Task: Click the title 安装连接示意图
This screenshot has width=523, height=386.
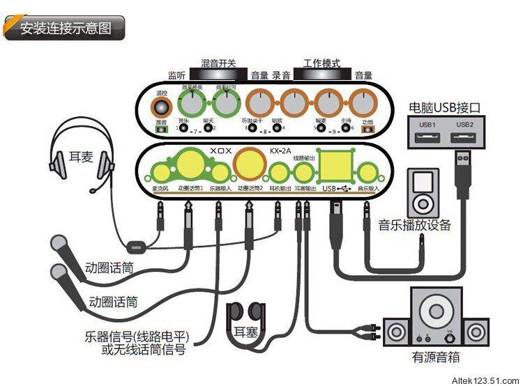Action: tap(66, 29)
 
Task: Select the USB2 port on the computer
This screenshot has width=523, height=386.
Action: tap(464, 136)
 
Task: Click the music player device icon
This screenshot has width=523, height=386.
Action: tap(424, 192)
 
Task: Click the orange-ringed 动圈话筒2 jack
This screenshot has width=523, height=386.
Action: tap(248, 164)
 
